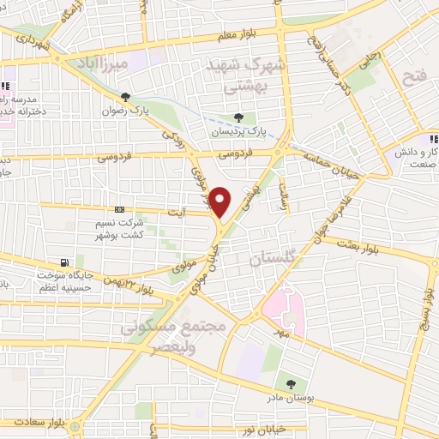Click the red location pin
pyautogui.click(x=220, y=201)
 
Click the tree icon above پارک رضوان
pyautogui.click(x=126, y=97)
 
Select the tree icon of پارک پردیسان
pyautogui.click(x=239, y=118)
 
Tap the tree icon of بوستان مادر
pyautogui.click(x=290, y=384)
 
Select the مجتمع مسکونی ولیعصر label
pyautogui.click(x=173, y=338)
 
